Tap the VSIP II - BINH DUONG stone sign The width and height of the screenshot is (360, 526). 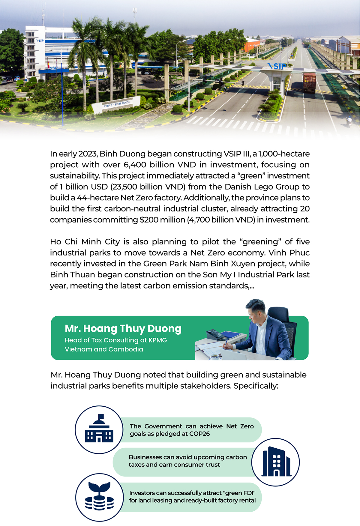(x=117, y=104)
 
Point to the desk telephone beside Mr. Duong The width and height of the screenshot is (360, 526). (x=214, y=334)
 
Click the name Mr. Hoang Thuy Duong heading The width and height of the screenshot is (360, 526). (x=123, y=329)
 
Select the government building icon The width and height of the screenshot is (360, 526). (x=99, y=429)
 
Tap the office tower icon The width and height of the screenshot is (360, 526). (x=276, y=462)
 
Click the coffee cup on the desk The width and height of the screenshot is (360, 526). (x=214, y=356)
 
